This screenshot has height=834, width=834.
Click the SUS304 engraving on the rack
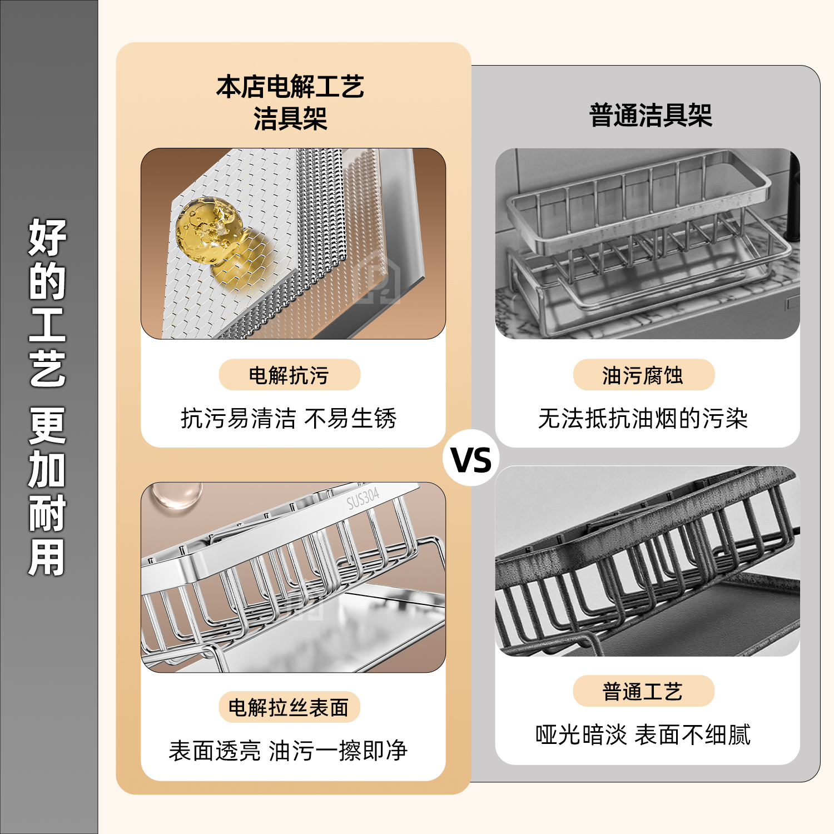(x=363, y=498)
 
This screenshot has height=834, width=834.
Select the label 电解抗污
(x=289, y=375)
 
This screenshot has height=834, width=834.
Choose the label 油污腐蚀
(x=643, y=375)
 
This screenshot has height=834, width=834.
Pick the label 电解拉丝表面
(x=289, y=707)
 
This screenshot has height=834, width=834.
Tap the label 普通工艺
(x=643, y=691)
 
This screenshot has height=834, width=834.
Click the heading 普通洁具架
(x=651, y=116)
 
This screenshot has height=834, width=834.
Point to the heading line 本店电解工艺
(x=290, y=87)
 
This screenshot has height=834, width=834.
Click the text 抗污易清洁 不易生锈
(x=289, y=418)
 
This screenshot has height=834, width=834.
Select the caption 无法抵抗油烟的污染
(x=643, y=418)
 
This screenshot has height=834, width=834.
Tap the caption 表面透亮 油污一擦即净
(x=288, y=751)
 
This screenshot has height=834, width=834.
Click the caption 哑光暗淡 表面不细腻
(x=643, y=734)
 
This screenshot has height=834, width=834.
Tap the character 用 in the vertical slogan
(x=48, y=557)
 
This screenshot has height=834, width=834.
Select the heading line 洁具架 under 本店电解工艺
(x=290, y=118)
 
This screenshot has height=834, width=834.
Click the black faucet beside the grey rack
(x=792, y=200)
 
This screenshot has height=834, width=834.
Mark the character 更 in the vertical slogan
(x=48, y=425)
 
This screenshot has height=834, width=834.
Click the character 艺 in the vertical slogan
(x=48, y=368)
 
